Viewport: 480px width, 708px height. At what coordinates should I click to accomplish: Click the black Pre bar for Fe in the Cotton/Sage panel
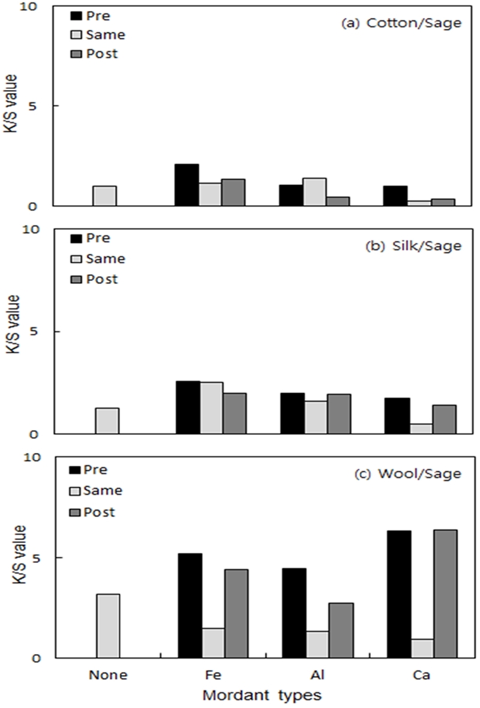(187, 185)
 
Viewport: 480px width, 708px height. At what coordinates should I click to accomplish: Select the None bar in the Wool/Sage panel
(107, 626)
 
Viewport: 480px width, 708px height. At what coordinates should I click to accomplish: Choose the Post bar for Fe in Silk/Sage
(235, 413)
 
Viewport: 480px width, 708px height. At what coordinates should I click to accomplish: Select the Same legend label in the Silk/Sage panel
(106, 259)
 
